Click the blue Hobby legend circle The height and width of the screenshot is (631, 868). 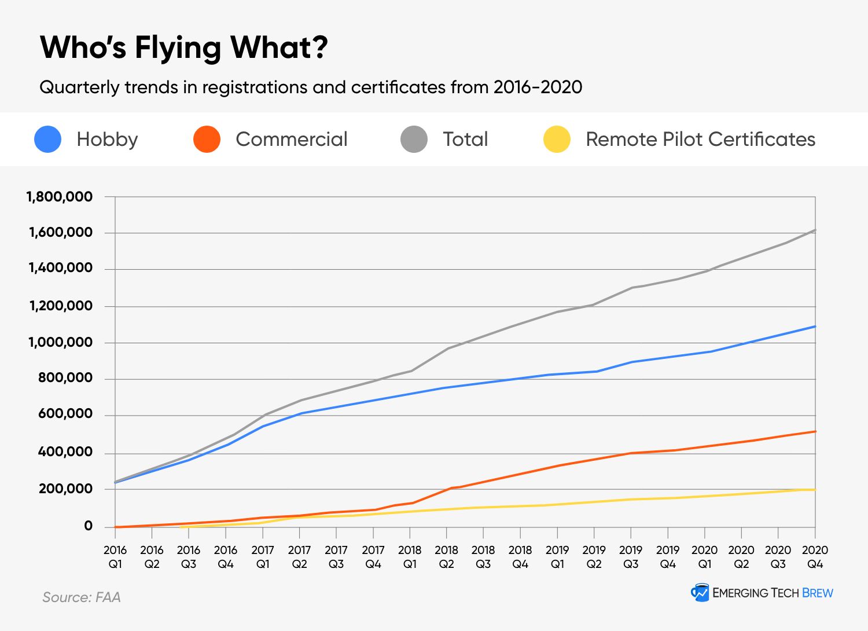tap(48, 140)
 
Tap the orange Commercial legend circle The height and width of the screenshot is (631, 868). tap(207, 140)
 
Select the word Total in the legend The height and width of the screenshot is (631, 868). tap(465, 140)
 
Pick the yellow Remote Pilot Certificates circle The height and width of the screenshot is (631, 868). tap(557, 140)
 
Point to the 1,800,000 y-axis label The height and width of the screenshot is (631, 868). tap(60, 197)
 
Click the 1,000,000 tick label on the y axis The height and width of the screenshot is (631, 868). tap(60, 342)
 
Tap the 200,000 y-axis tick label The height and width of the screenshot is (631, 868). tap(65, 489)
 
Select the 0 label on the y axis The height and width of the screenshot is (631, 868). tap(88, 526)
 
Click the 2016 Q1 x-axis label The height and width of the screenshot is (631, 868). tap(115, 556)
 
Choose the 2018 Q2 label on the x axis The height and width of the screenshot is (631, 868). tap(446, 556)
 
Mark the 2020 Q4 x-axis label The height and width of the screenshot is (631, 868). tap(815, 556)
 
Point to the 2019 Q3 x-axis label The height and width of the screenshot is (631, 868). tap(631, 556)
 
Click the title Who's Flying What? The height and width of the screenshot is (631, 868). tap(184, 47)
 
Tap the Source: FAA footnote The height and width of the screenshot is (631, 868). tap(82, 597)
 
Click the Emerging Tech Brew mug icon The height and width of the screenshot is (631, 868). tap(700, 592)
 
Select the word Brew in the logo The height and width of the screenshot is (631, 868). tap(818, 593)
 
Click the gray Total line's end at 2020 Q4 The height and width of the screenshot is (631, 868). tap(815, 230)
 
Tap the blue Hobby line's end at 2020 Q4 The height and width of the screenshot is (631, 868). tap(815, 326)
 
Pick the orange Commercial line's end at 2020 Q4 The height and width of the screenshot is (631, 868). tap(815, 431)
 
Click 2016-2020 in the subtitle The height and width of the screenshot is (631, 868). tap(538, 87)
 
